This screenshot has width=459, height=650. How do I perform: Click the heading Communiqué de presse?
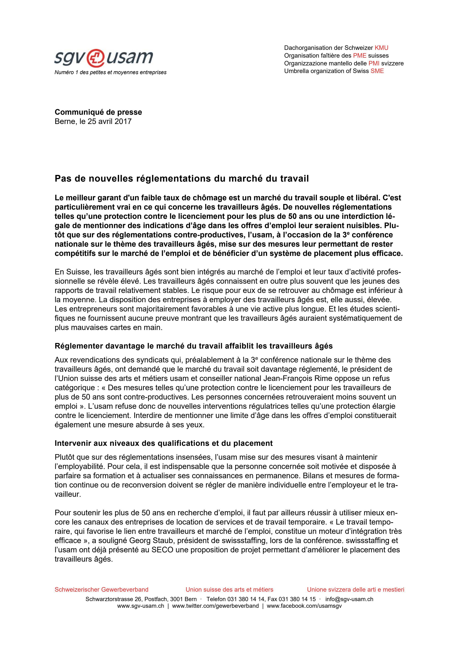[98, 112]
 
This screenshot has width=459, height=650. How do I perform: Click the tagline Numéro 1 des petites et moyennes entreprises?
[110, 72]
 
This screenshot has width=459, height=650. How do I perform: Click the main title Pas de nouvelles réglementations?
[182, 179]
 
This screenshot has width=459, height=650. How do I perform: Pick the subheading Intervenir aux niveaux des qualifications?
[163, 443]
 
